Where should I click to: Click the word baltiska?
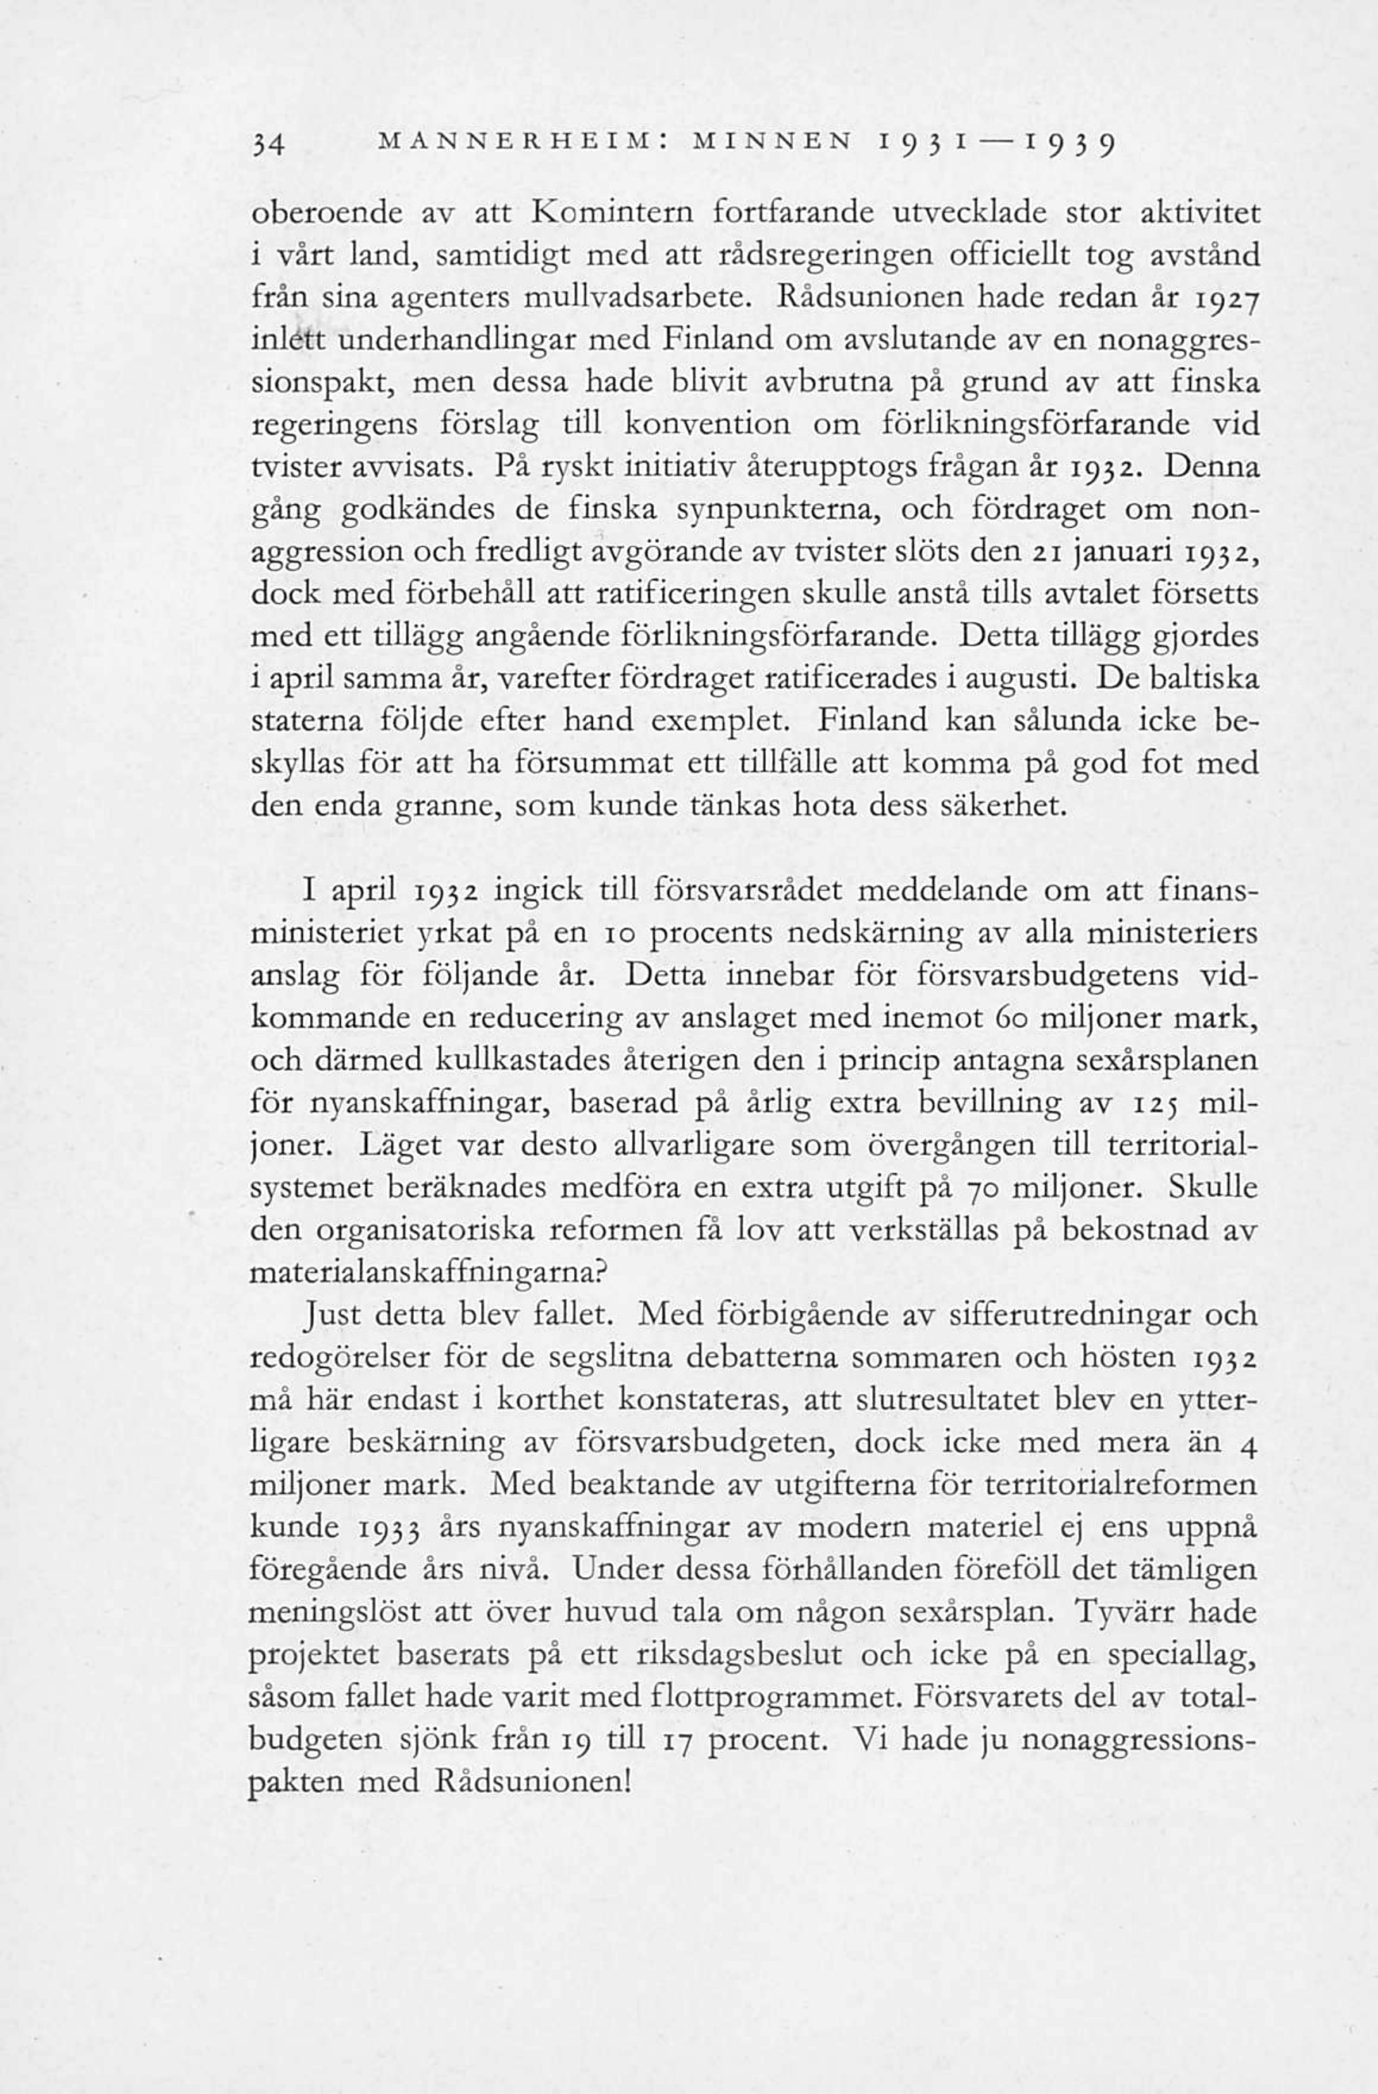point(1204,680)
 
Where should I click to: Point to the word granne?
point(447,808)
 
